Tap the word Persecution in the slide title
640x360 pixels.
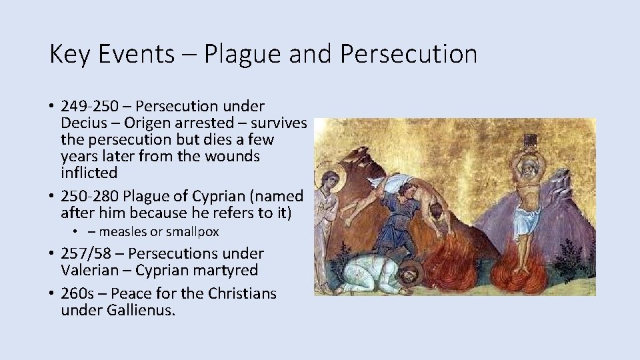[408, 54]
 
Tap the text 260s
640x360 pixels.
[77, 293]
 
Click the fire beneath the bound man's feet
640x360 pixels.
[525, 267]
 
